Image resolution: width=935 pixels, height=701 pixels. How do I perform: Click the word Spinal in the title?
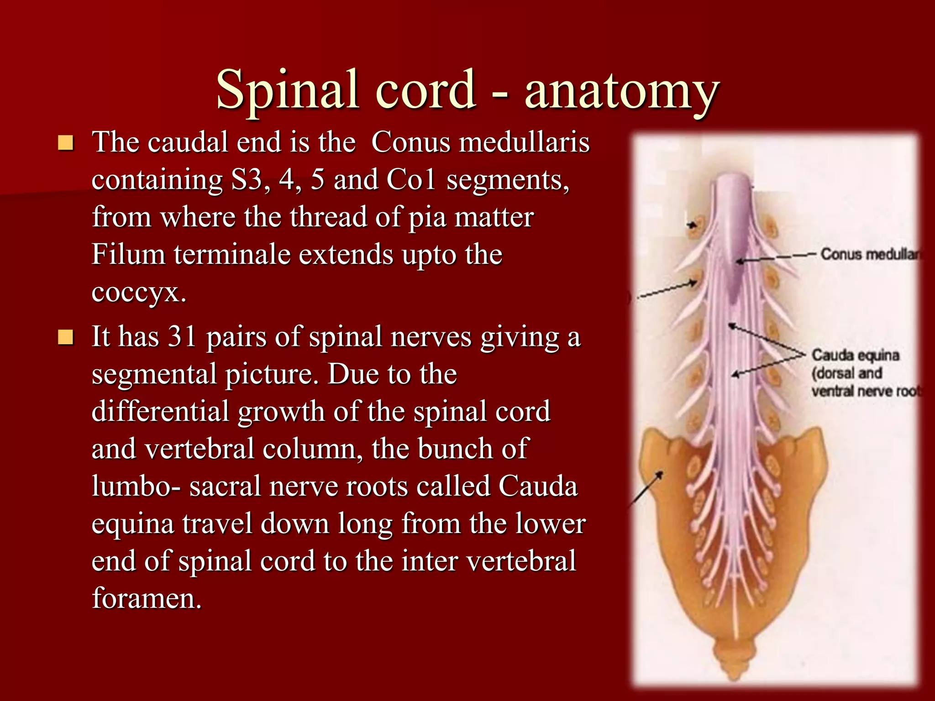coord(287,90)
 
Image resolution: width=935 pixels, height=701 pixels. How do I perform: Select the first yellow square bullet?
coord(66,143)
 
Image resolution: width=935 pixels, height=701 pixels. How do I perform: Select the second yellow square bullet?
coord(66,338)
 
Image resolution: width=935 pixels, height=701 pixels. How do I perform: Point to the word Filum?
coord(128,255)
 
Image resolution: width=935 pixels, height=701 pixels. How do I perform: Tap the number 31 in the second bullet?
coord(182,337)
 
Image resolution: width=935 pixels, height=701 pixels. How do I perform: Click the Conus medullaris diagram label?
coord(870,255)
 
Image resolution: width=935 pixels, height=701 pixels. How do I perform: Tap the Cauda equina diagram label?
coord(855,355)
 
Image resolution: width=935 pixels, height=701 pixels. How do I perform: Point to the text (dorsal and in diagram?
coord(847,373)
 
